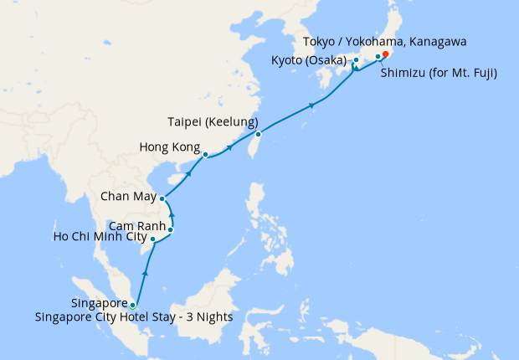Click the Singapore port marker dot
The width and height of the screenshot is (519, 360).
tap(132, 305)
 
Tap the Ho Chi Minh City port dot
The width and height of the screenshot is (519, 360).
tap(152, 239)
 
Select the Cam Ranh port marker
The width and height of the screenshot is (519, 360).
tap(171, 229)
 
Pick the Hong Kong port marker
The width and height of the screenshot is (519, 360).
tap(205, 154)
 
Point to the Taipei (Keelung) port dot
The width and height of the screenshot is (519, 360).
tap(258, 134)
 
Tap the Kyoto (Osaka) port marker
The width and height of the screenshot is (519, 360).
tap(356, 60)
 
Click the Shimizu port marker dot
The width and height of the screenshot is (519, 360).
tap(378, 57)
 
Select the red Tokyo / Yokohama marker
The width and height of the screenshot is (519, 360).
tap(385, 55)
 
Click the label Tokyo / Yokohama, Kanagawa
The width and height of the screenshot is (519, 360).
tap(389, 41)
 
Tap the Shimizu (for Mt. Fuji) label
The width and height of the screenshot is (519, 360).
tap(439, 74)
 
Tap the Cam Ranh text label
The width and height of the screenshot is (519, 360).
tap(136, 226)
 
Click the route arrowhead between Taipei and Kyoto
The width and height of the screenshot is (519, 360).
tap(312, 105)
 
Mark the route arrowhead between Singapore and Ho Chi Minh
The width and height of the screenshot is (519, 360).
tap(146, 273)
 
